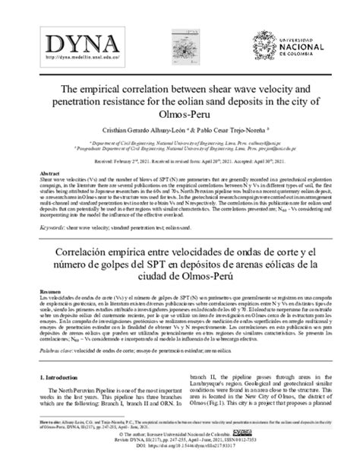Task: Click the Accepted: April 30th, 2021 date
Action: coord(247,161)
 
